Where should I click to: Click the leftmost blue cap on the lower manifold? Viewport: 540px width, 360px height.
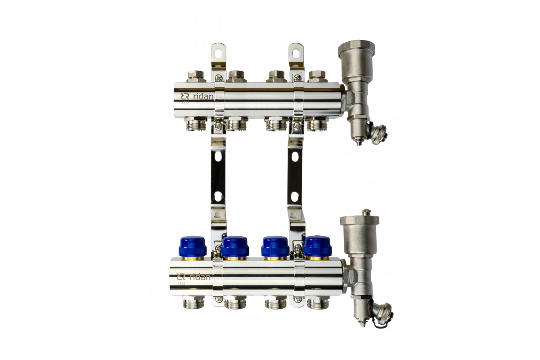pos(193,246)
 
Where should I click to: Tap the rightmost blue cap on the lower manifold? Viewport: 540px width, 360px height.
pos(318,246)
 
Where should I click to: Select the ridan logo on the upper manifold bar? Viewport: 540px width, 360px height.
pos(197,96)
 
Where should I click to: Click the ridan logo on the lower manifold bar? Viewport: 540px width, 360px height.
pos(193,277)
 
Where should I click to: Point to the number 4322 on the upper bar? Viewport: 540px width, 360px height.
pos(185,103)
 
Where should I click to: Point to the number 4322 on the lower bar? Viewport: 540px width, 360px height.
pos(181,283)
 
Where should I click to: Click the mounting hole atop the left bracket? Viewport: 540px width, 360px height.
pos(218,52)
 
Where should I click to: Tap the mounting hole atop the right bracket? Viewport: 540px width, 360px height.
pos(296,52)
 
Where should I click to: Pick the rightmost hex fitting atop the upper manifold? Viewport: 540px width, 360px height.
pos(318,76)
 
